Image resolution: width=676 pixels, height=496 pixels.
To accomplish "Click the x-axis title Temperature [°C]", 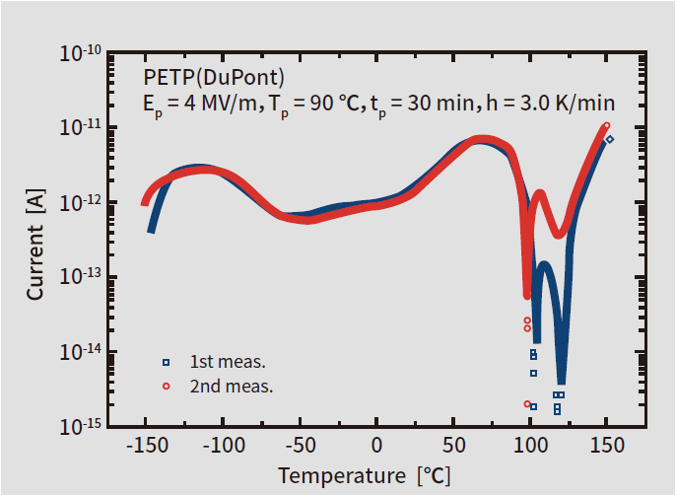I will (x=365, y=475).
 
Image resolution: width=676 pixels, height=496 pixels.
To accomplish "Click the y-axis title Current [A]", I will (x=34, y=245).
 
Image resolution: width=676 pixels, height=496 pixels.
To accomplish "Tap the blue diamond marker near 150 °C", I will (x=610, y=139).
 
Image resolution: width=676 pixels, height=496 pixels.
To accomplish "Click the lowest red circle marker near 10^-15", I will (x=527, y=404).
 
